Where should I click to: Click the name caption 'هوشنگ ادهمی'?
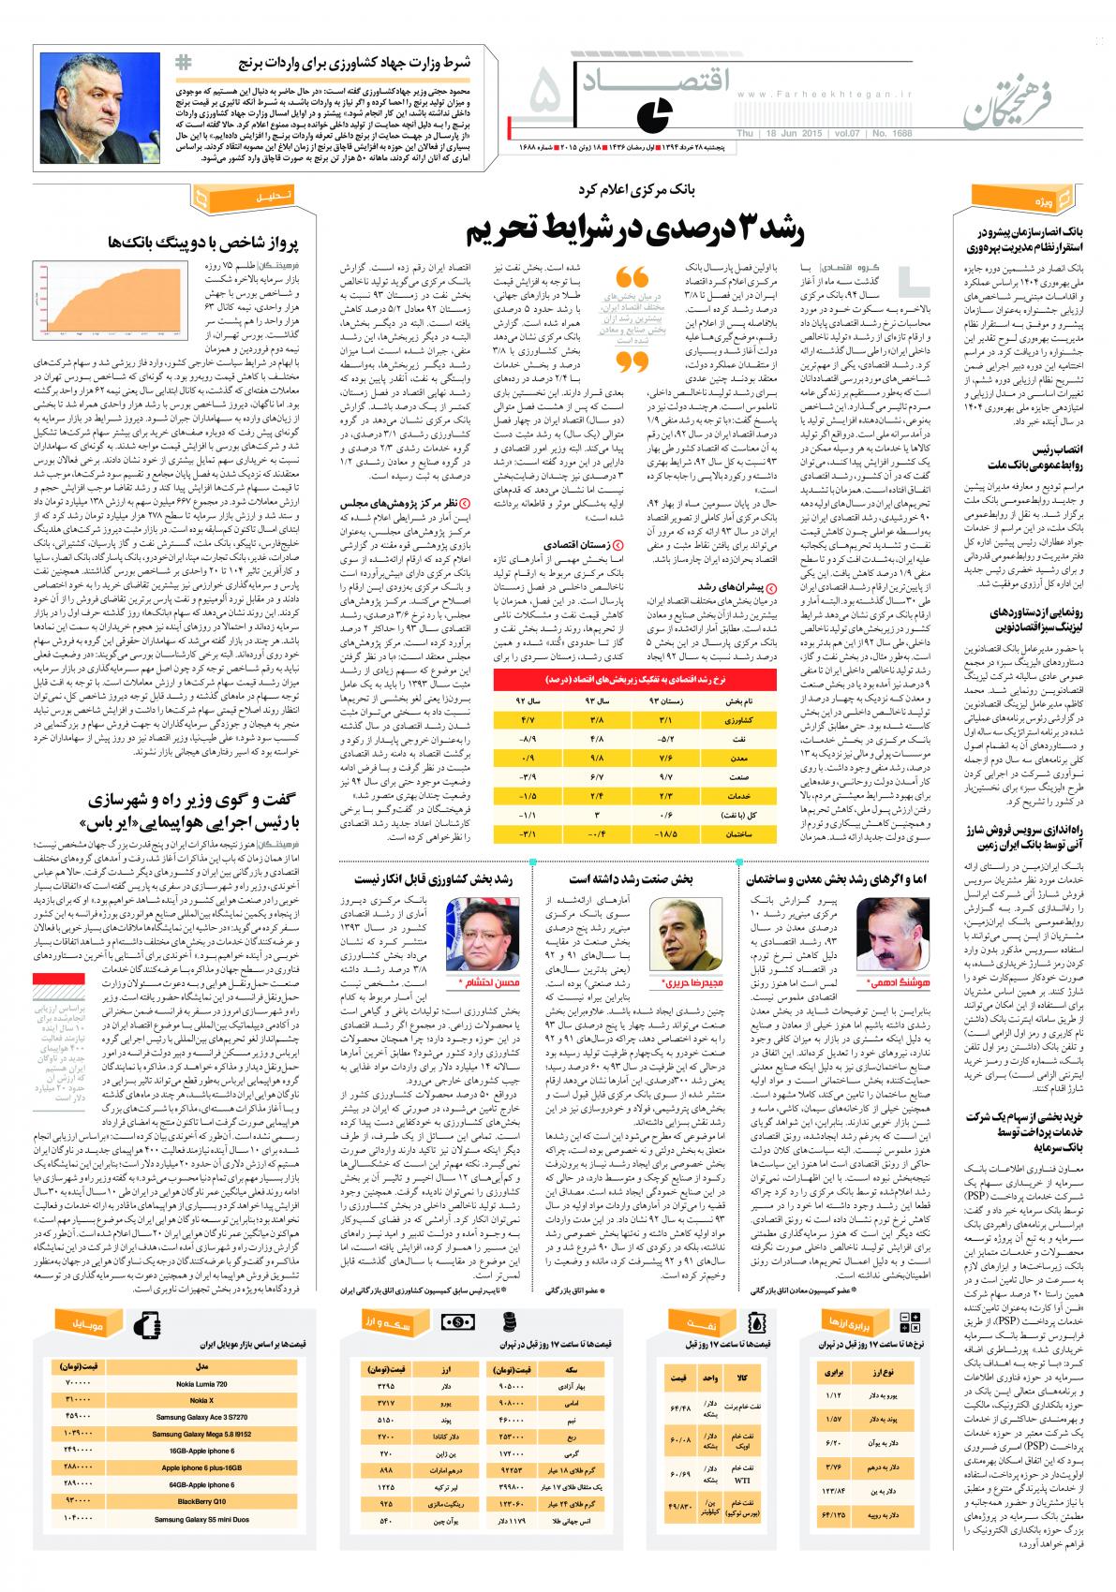point(878,983)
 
